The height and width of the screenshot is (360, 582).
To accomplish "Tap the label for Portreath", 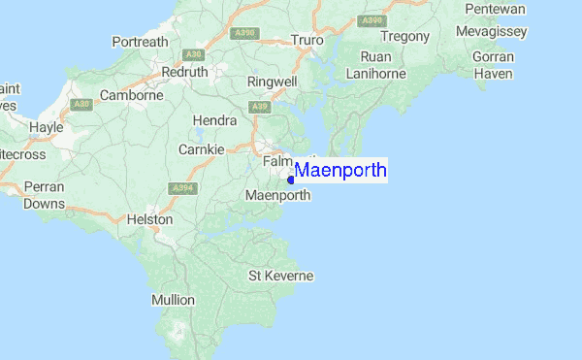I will click(x=141, y=43).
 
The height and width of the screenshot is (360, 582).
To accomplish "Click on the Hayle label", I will click(x=46, y=127).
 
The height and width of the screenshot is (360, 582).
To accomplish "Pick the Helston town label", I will click(x=149, y=220).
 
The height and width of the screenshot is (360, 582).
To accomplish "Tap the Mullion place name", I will click(x=173, y=300).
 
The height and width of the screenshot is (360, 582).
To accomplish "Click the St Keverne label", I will click(x=281, y=276).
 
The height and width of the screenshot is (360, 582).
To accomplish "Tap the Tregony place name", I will click(x=405, y=37).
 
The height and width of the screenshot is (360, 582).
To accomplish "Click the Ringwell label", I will click(x=273, y=82).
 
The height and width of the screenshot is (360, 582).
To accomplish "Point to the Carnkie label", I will click(x=202, y=149).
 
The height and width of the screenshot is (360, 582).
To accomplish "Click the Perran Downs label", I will click(x=45, y=194).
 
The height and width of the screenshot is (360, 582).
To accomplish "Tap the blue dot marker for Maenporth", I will click(x=291, y=180).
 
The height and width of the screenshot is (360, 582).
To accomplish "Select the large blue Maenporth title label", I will click(x=340, y=171).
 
